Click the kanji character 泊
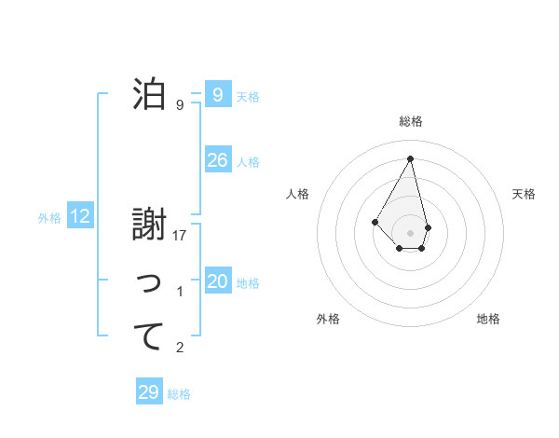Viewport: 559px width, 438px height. pyautogui.click(x=149, y=93)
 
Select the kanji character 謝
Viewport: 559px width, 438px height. pyautogui.click(x=149, y=225)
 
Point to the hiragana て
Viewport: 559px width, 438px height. pyautogui.click(x=149, y=335)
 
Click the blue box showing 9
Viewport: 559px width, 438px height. pyautogui.click(x=217, y=95)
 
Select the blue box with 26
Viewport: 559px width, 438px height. pyautogui.click(x=217, y=160)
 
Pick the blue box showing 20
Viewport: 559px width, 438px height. pyautogui.click(x=217, y=281)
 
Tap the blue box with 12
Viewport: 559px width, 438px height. pyautogui.click(x=80, y=217)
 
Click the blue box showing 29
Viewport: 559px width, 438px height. pyautogui.click(x=148, y=392)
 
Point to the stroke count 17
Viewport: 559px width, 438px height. pyautogui.click(x=181, y=236)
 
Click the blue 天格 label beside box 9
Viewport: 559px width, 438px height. pyautogui.click(x=248, y=97)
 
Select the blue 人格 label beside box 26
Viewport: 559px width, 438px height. pyautogui.click(x=248, y=162)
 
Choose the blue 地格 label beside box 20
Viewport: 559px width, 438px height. pyautogui.click(x=248, y=283)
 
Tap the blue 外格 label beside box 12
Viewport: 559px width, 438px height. pyautogui.click(x=49, y=218)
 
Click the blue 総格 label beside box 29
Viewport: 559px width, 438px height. pyautogui.click(x=179, y=394)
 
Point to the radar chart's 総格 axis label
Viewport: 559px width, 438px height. pyautogui.click(x=411, y=121)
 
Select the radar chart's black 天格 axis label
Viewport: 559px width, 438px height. pyautogui.click(x=525, y=194)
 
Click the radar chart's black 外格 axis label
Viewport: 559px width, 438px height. pyautogui.click(x=328, y=319)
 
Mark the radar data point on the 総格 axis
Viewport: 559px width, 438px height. pyautogui.click(x=411, y=158)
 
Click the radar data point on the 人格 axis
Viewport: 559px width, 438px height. pyautogui.click(x=375, y=221)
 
